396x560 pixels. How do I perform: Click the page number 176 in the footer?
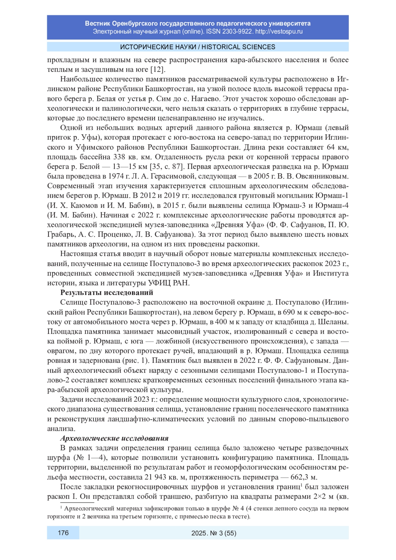63,533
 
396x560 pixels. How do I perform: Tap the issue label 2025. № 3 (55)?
214,533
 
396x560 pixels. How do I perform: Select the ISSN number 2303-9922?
238,32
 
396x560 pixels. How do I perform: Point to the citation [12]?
157,70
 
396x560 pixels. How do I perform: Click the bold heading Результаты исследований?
107,293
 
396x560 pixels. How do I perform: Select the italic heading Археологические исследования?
114,438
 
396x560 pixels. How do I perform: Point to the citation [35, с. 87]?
166,167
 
